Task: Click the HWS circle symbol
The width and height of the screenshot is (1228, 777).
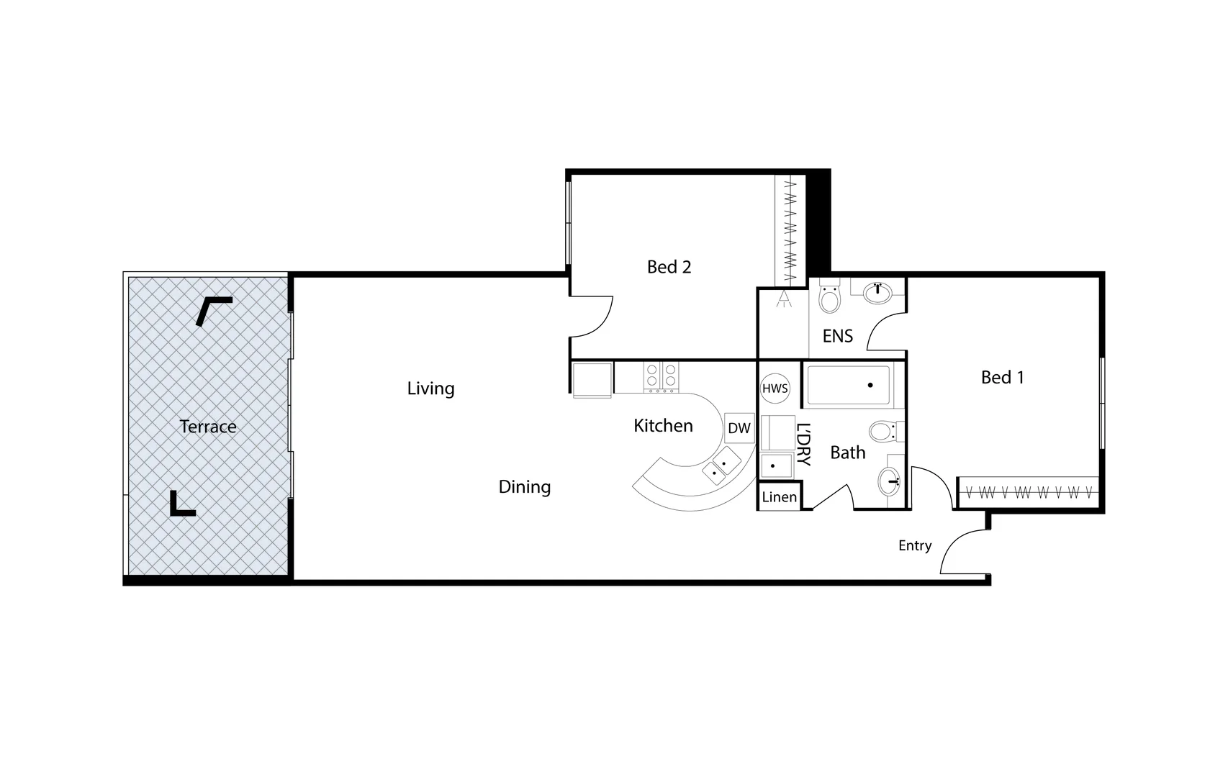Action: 775,388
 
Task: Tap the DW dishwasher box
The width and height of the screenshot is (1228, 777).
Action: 739,429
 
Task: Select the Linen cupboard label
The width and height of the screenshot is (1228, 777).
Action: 780,497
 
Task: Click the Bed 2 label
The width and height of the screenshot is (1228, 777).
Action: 669,267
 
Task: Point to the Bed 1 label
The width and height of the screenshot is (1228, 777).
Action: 1002,377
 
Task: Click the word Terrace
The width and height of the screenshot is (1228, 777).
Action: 208,427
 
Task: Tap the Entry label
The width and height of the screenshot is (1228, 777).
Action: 915,545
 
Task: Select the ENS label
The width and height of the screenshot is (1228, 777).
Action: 837,336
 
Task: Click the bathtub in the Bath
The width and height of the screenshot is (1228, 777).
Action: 848,386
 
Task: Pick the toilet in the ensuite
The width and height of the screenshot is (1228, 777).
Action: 830,297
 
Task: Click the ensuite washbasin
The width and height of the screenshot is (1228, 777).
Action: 877,291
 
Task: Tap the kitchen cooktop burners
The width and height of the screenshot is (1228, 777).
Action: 661,376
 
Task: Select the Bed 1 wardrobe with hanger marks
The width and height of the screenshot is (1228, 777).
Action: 1029,493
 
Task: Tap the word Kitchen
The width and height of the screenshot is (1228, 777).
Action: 663,426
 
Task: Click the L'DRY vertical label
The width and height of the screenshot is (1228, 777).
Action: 804,444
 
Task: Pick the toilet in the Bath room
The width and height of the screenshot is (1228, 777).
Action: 882,432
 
